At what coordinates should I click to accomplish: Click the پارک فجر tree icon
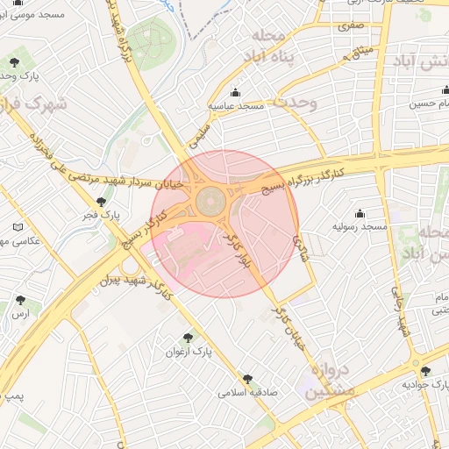[x=102, y=202]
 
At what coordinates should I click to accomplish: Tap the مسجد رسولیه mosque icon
[x=360, y=214]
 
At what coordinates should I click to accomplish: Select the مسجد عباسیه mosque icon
[x=235, y=93]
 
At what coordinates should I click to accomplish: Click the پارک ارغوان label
[x=189, y=352]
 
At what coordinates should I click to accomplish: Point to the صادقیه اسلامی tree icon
[x=248, y=379]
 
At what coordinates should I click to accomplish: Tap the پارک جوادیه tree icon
[x=425, y=372]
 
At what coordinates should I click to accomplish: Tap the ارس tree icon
[x=19, y=300]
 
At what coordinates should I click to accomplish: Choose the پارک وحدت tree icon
[x=15, y=61]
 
